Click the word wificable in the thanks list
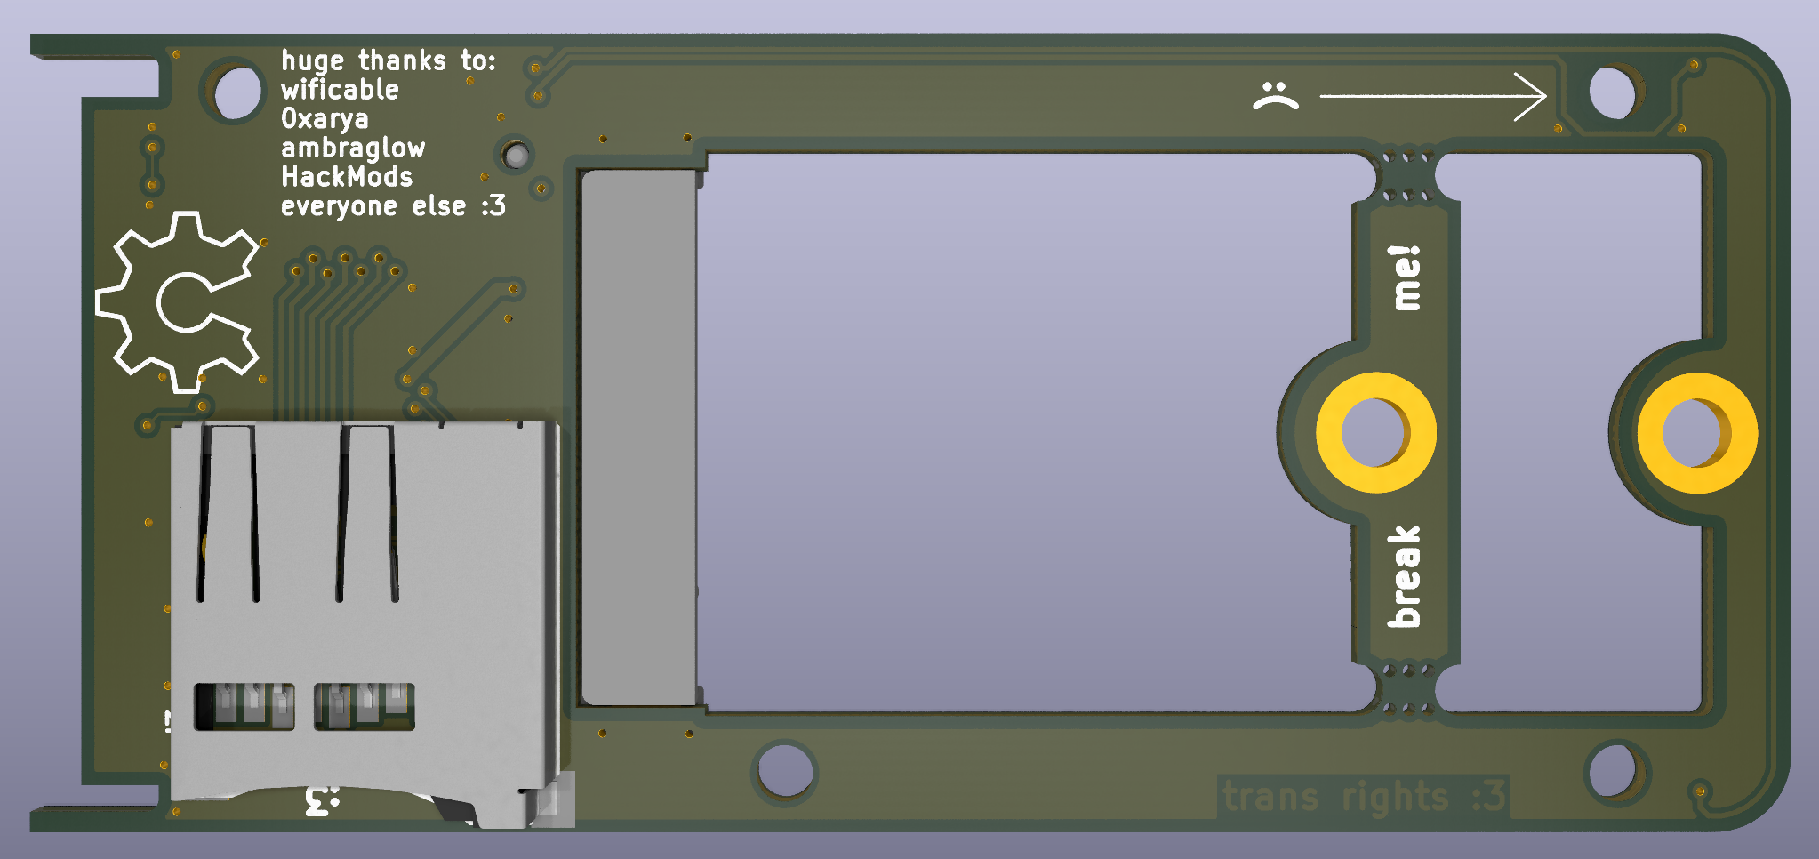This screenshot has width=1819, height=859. click(340, 90)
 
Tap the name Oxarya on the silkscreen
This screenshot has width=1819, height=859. click(325, 119)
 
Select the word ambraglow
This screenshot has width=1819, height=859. click(353, 149)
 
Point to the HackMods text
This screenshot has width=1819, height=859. click(347, 177)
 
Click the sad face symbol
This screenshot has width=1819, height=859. click(1275, 95)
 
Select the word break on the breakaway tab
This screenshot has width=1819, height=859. click(1405, 576)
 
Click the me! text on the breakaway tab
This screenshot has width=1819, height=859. click(1406, 278)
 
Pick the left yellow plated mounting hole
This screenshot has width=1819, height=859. click(1375, 433)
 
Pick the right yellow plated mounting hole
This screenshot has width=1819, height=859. click(1696, 433)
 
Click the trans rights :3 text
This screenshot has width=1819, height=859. click(1363, 796)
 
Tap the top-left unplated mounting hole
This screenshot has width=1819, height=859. click(234, 92)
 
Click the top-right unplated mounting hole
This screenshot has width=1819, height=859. click(1611, 92)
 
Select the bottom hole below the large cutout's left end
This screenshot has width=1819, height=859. click(783, 771)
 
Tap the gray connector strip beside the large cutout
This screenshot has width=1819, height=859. click(637, 436)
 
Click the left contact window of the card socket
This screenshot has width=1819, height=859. click(244, 707)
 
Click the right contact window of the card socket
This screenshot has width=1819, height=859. click(364, 707)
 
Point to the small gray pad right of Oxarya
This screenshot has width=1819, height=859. click(516, 157)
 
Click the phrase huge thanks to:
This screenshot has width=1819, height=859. click(389, 60)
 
